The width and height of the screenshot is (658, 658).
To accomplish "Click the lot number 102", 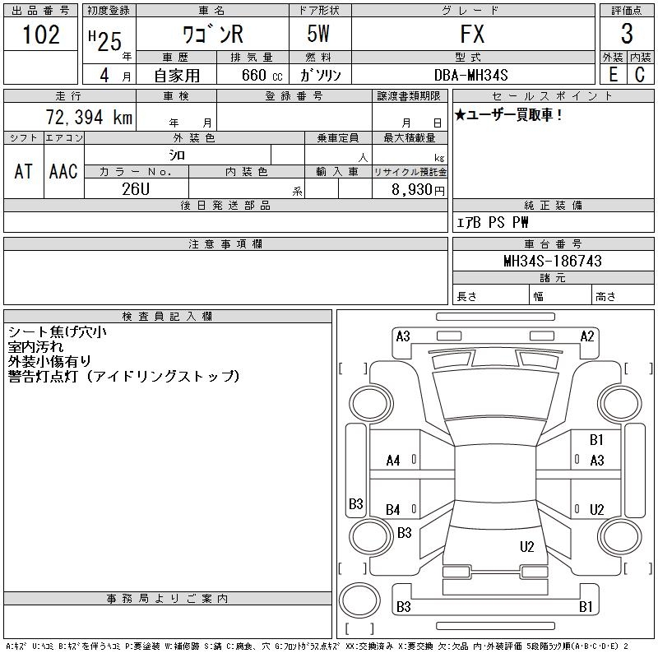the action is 41,35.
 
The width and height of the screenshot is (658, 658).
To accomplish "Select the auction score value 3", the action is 627,34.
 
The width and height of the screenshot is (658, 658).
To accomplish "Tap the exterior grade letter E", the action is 613,75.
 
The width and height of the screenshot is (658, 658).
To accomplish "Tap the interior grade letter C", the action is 640,75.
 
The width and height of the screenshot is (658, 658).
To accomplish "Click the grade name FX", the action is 472,34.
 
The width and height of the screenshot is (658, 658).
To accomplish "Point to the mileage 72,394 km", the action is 89,117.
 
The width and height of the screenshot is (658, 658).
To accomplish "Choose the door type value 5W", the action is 318,34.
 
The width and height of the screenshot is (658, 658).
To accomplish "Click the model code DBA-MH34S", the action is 470,75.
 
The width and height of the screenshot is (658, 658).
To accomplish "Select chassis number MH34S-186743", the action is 553,261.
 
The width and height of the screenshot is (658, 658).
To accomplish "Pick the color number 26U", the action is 136,189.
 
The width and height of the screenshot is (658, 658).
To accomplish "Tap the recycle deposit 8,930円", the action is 418,190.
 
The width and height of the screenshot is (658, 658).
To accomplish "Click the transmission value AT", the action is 23,171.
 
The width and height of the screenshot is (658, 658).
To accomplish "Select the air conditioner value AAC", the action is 63,171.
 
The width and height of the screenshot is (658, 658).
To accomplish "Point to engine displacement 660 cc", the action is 262,75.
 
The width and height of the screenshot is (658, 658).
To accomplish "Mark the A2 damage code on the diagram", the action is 587,336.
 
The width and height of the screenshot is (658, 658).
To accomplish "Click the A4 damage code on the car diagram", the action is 393,461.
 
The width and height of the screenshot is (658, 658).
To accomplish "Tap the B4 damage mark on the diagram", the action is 393,510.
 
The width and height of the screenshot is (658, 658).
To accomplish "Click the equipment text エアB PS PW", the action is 492,222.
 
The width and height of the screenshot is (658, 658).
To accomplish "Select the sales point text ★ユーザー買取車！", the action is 508,114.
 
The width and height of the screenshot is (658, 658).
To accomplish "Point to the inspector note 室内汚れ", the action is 35,346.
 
